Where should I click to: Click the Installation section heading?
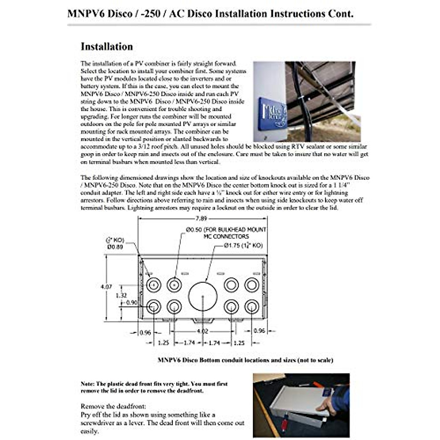coord(107,47)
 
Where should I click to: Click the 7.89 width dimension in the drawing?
coord(201,219)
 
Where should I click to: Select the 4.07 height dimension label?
coord(106,287)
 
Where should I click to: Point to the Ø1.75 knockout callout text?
coord(243,245)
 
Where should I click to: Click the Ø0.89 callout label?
coord(115,247)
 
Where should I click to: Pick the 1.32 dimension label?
coord(121,295)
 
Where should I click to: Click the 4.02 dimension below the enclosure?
coord(202,331)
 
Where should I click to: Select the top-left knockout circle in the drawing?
coord(154,285)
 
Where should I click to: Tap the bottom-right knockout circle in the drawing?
coord(252,307)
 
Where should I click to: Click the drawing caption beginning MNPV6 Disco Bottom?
coord(245,360)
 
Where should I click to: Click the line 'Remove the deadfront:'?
coord(113,406)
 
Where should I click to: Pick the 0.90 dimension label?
coord(131,302)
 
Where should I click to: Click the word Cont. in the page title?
coord(342,14)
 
